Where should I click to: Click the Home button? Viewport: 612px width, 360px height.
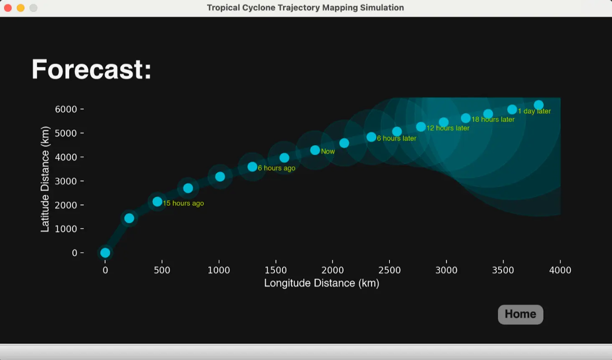(x=520, y=314)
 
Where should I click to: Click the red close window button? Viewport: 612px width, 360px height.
(x=8, y=8)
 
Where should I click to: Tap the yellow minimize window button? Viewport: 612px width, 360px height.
(x=20, y=8)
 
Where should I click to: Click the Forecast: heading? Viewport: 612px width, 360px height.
(x=91, y=69)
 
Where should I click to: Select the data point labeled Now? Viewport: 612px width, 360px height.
(x=315, y=150)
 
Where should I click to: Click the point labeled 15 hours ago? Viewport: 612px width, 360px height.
(x=157, y=202)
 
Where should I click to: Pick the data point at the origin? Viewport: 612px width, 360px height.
(x=105, y=253)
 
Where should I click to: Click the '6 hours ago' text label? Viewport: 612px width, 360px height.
(x=276, y=168)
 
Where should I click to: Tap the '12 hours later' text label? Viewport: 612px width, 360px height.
(x=448, y=128)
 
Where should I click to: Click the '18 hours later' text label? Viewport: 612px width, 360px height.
(x=493, y=119)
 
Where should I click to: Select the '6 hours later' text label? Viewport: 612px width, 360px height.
(x=397, y=138)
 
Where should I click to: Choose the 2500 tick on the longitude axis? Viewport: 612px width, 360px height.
(x=389, y=270)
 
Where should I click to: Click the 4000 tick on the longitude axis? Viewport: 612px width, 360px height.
(x=560, y=270)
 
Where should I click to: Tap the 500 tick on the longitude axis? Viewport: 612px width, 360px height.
(x=162, y=270)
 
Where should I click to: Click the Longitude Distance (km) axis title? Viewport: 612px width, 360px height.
(x=321, y=283)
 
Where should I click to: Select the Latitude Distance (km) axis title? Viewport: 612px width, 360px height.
(x=45, y=179)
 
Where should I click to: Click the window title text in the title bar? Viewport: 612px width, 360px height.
(x=305, y=8)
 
